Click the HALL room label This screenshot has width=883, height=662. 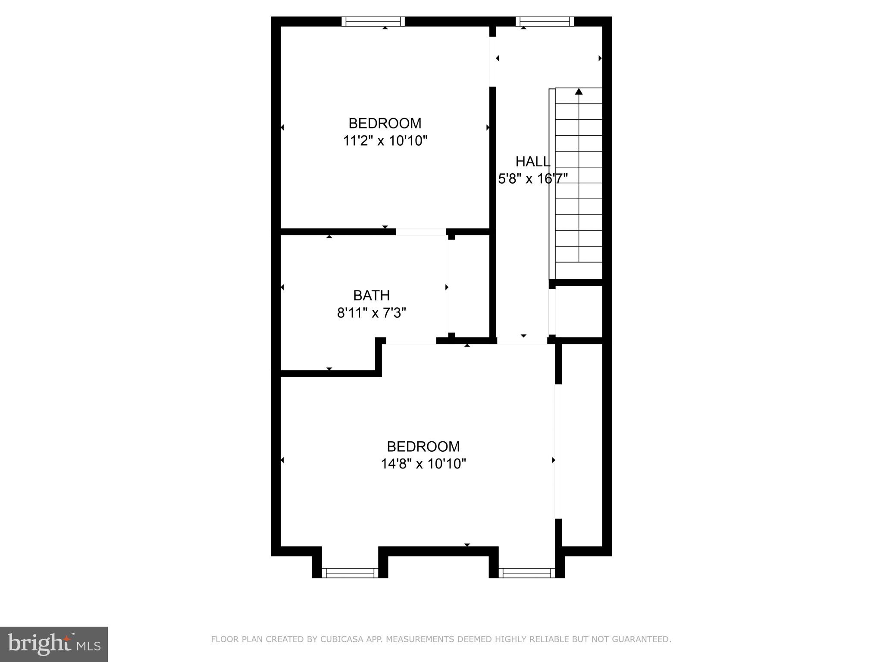[x=533, y=162]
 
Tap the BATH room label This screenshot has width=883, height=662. [x=371, y=295]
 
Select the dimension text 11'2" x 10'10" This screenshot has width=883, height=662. [x=385, y=141]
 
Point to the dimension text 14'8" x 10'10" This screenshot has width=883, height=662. [x=423, y=464]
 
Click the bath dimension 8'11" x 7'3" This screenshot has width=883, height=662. [x=371, y=313]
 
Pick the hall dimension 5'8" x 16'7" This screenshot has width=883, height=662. [x=533, y=178]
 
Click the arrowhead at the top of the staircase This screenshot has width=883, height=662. [x=579, y=91]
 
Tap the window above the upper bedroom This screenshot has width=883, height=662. [x=373, y=21]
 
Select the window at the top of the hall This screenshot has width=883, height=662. [x=545, y=21]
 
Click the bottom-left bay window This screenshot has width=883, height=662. [x=350, y=573]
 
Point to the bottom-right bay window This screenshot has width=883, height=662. [x=527, y=573]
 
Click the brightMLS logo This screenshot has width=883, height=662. [x=54, y=644]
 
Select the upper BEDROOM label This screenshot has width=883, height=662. [x=385, y=123]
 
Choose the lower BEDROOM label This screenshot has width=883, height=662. [x=423, y=446]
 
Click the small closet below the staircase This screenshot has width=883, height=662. [x=579, y=311]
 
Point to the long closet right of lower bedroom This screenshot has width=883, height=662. [x=582, y=444]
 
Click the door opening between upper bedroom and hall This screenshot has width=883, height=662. [x=492, y=62]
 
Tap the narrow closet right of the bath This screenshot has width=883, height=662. [x=472, y=287]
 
